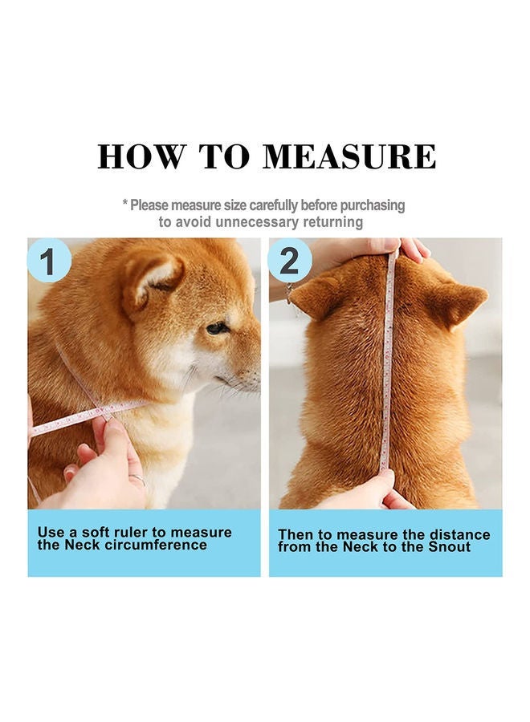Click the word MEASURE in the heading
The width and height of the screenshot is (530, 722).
tap(350, 156)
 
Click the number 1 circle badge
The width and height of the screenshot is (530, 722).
tap(49, 261)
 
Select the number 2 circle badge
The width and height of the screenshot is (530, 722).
tap(290, 261)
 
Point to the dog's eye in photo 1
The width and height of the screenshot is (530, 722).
tap(216, 328)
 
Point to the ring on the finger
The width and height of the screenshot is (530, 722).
tap(137, 480)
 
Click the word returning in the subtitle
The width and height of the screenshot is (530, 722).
tap(332, 222)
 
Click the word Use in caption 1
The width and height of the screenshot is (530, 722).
tap(51, 532)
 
